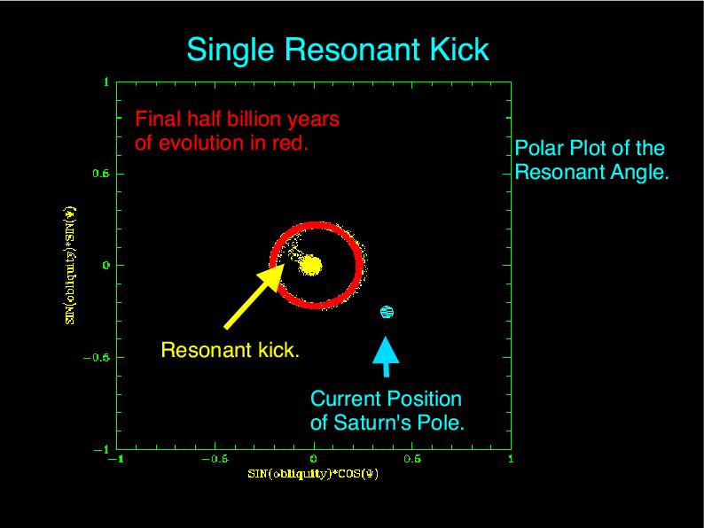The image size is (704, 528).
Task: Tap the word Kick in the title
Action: pyautogui.click(x=458, y=50)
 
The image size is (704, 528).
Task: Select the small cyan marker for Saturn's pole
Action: pyautogui.click(x=387, y=312)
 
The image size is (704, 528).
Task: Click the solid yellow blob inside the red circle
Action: pyautogui.click(x=310, y=264)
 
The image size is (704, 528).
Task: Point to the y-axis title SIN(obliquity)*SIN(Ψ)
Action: pyautogui.click(x=70, y=265)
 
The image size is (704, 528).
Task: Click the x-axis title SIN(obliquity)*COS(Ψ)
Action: pyautogui.click(x=313, y=474)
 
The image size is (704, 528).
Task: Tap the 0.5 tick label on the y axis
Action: pyautogui.click(x=101, y=174)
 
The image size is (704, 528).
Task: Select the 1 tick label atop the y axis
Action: pyautogui.click(x=106, y=82)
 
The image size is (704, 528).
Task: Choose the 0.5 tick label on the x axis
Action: pyautogui.click(x=411, y=459)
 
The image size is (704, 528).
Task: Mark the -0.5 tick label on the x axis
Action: pyautogui.click(x=214, y=459)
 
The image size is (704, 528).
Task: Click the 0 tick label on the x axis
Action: pyautogui.click(x=313, y=459)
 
